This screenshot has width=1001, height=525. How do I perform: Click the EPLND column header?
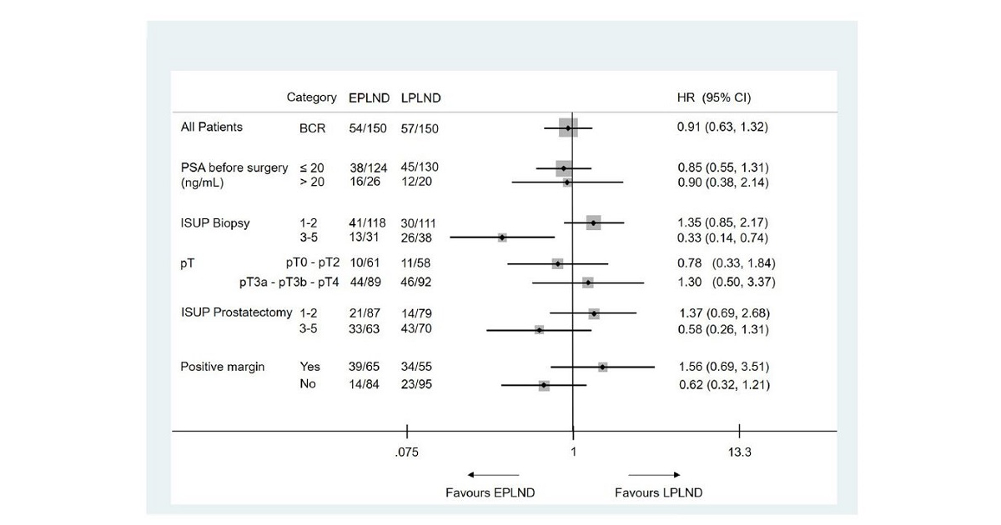click(x=369, y=97)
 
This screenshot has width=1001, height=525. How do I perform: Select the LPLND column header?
click(x=420, y=97)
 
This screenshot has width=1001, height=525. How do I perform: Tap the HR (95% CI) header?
click(x=713, y=97)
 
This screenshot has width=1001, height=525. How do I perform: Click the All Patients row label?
click(x=212, y=127)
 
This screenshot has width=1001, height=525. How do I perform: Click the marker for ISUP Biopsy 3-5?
click(x=502, y=237)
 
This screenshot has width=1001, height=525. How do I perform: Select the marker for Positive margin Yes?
click(x=602, y=367)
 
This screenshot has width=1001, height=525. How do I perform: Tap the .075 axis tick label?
click(x=407, y=452)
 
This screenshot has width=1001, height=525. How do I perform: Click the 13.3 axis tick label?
click(x=739, y=452)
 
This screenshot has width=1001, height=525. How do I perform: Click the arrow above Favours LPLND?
click(x=654, y=475)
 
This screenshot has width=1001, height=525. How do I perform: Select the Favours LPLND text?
click(x=658, y=492)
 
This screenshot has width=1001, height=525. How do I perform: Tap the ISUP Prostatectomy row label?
click(x=236, y=312)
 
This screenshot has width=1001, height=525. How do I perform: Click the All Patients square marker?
click(x=568, y=128)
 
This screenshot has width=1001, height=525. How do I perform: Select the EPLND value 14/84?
click(x=365, y=385)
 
